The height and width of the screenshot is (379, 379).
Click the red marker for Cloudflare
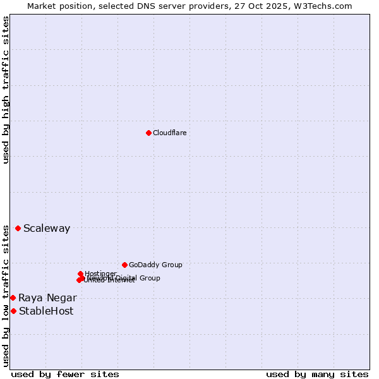point(148,133)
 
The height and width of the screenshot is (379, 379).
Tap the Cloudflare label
point(169,133)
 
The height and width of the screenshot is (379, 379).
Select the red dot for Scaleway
point(18,228)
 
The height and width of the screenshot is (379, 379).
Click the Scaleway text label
point(47,229)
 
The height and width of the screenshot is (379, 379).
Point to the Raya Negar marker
point(13,298)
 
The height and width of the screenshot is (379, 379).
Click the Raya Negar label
point(47,298)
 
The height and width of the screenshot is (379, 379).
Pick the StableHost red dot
point(13,311)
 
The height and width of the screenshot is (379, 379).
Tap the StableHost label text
point(46,311)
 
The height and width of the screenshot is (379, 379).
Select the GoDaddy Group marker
point(124,265)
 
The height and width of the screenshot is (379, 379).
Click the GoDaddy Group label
point(155,265)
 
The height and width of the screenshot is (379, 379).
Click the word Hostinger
point(100,274)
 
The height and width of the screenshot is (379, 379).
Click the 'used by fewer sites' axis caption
point(65,375)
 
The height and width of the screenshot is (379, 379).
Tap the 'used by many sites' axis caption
point(317,375)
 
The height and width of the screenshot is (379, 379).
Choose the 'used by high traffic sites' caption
point(6,90)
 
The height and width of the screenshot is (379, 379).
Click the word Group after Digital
point(150,278)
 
